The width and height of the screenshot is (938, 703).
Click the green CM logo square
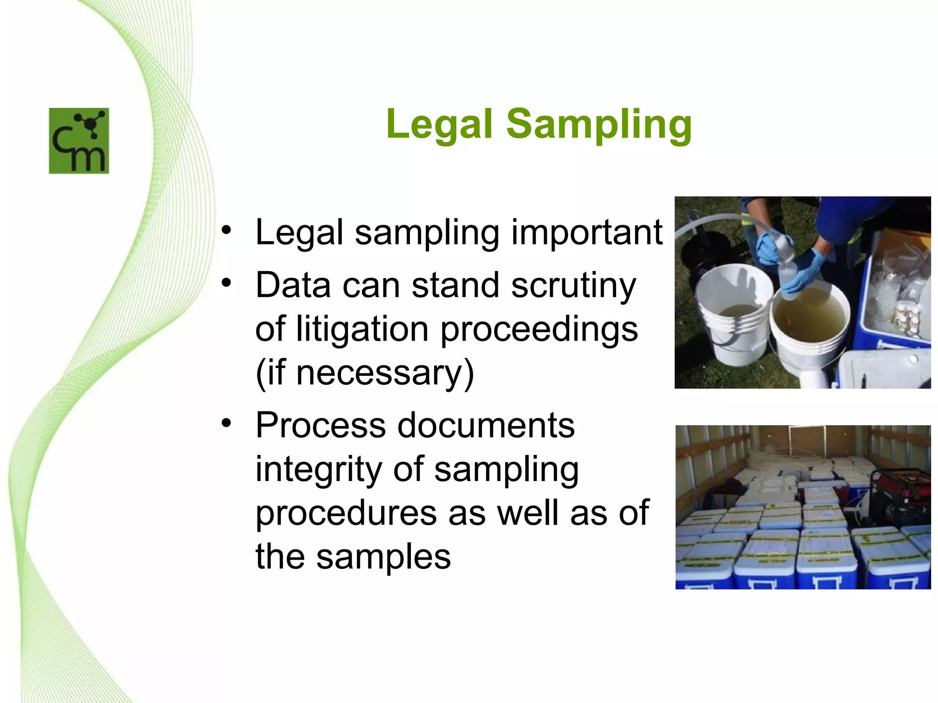point(79,141)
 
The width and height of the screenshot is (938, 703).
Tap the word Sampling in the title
point(599,124)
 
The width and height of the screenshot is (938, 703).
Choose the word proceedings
point(539,330)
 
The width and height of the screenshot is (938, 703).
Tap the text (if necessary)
point(365,373)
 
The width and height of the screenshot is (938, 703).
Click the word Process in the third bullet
point(321,425)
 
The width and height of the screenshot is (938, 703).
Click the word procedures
point(346,513)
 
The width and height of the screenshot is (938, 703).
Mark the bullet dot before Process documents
point(226,423)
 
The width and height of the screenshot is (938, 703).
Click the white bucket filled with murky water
point(809,320)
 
